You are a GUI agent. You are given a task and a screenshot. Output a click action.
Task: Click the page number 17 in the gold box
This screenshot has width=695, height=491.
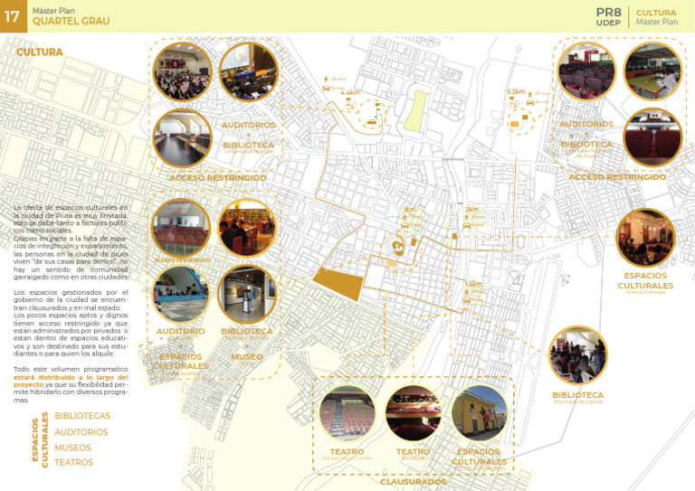point(13,16)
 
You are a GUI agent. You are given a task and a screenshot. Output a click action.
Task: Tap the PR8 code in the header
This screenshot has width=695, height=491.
point(608,12)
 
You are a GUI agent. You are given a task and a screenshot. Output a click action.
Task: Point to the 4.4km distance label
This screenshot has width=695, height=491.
point(350,92)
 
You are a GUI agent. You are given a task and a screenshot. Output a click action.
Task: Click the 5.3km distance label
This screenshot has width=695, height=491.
point(516,92)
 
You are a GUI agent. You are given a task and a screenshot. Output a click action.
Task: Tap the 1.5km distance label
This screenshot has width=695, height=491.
point(473,284)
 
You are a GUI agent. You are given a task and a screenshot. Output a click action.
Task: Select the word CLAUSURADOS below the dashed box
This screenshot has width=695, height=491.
point(412,482)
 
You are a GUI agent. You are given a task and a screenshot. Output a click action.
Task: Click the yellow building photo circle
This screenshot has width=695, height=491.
point(480,412)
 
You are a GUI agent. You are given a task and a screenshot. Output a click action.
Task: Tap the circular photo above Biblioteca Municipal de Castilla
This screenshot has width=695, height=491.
point(577,355)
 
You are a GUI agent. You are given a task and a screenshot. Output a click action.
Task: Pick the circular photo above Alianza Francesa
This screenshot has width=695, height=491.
point(644,238)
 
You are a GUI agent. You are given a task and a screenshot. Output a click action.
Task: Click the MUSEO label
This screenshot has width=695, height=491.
point(246,356)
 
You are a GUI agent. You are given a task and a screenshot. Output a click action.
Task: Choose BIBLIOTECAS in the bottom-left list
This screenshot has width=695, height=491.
point(82,416)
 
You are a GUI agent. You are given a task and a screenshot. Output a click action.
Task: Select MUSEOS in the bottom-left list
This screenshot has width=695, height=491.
point(72,448)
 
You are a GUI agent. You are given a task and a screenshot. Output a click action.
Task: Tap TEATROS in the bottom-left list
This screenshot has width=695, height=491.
point(73,463)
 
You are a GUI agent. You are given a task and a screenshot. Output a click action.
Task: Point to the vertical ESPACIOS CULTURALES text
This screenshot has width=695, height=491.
point(41,441)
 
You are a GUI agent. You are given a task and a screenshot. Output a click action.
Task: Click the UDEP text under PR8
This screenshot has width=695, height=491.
point(608,23)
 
